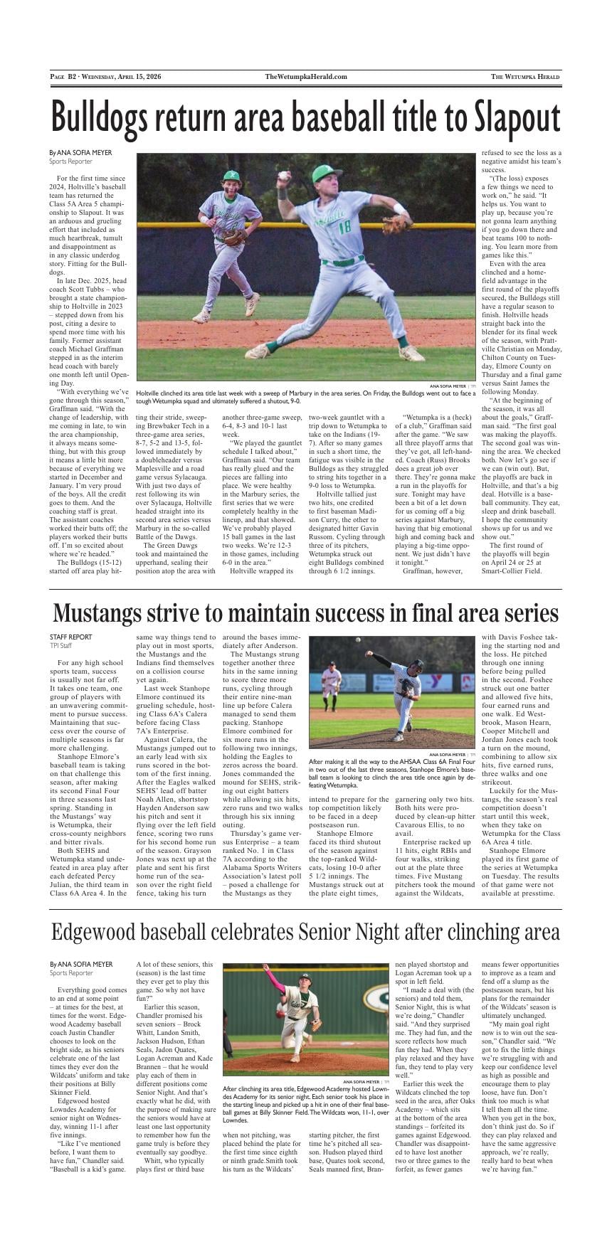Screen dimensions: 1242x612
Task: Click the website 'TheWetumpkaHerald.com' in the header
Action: pos(306,77)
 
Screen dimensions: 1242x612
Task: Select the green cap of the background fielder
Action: pos(231,176)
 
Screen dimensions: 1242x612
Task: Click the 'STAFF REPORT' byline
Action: pos(70,637)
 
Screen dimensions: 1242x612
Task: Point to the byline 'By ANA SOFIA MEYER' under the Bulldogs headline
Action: pos(80,153)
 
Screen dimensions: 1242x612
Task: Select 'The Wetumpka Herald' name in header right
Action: pos(525,77)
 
